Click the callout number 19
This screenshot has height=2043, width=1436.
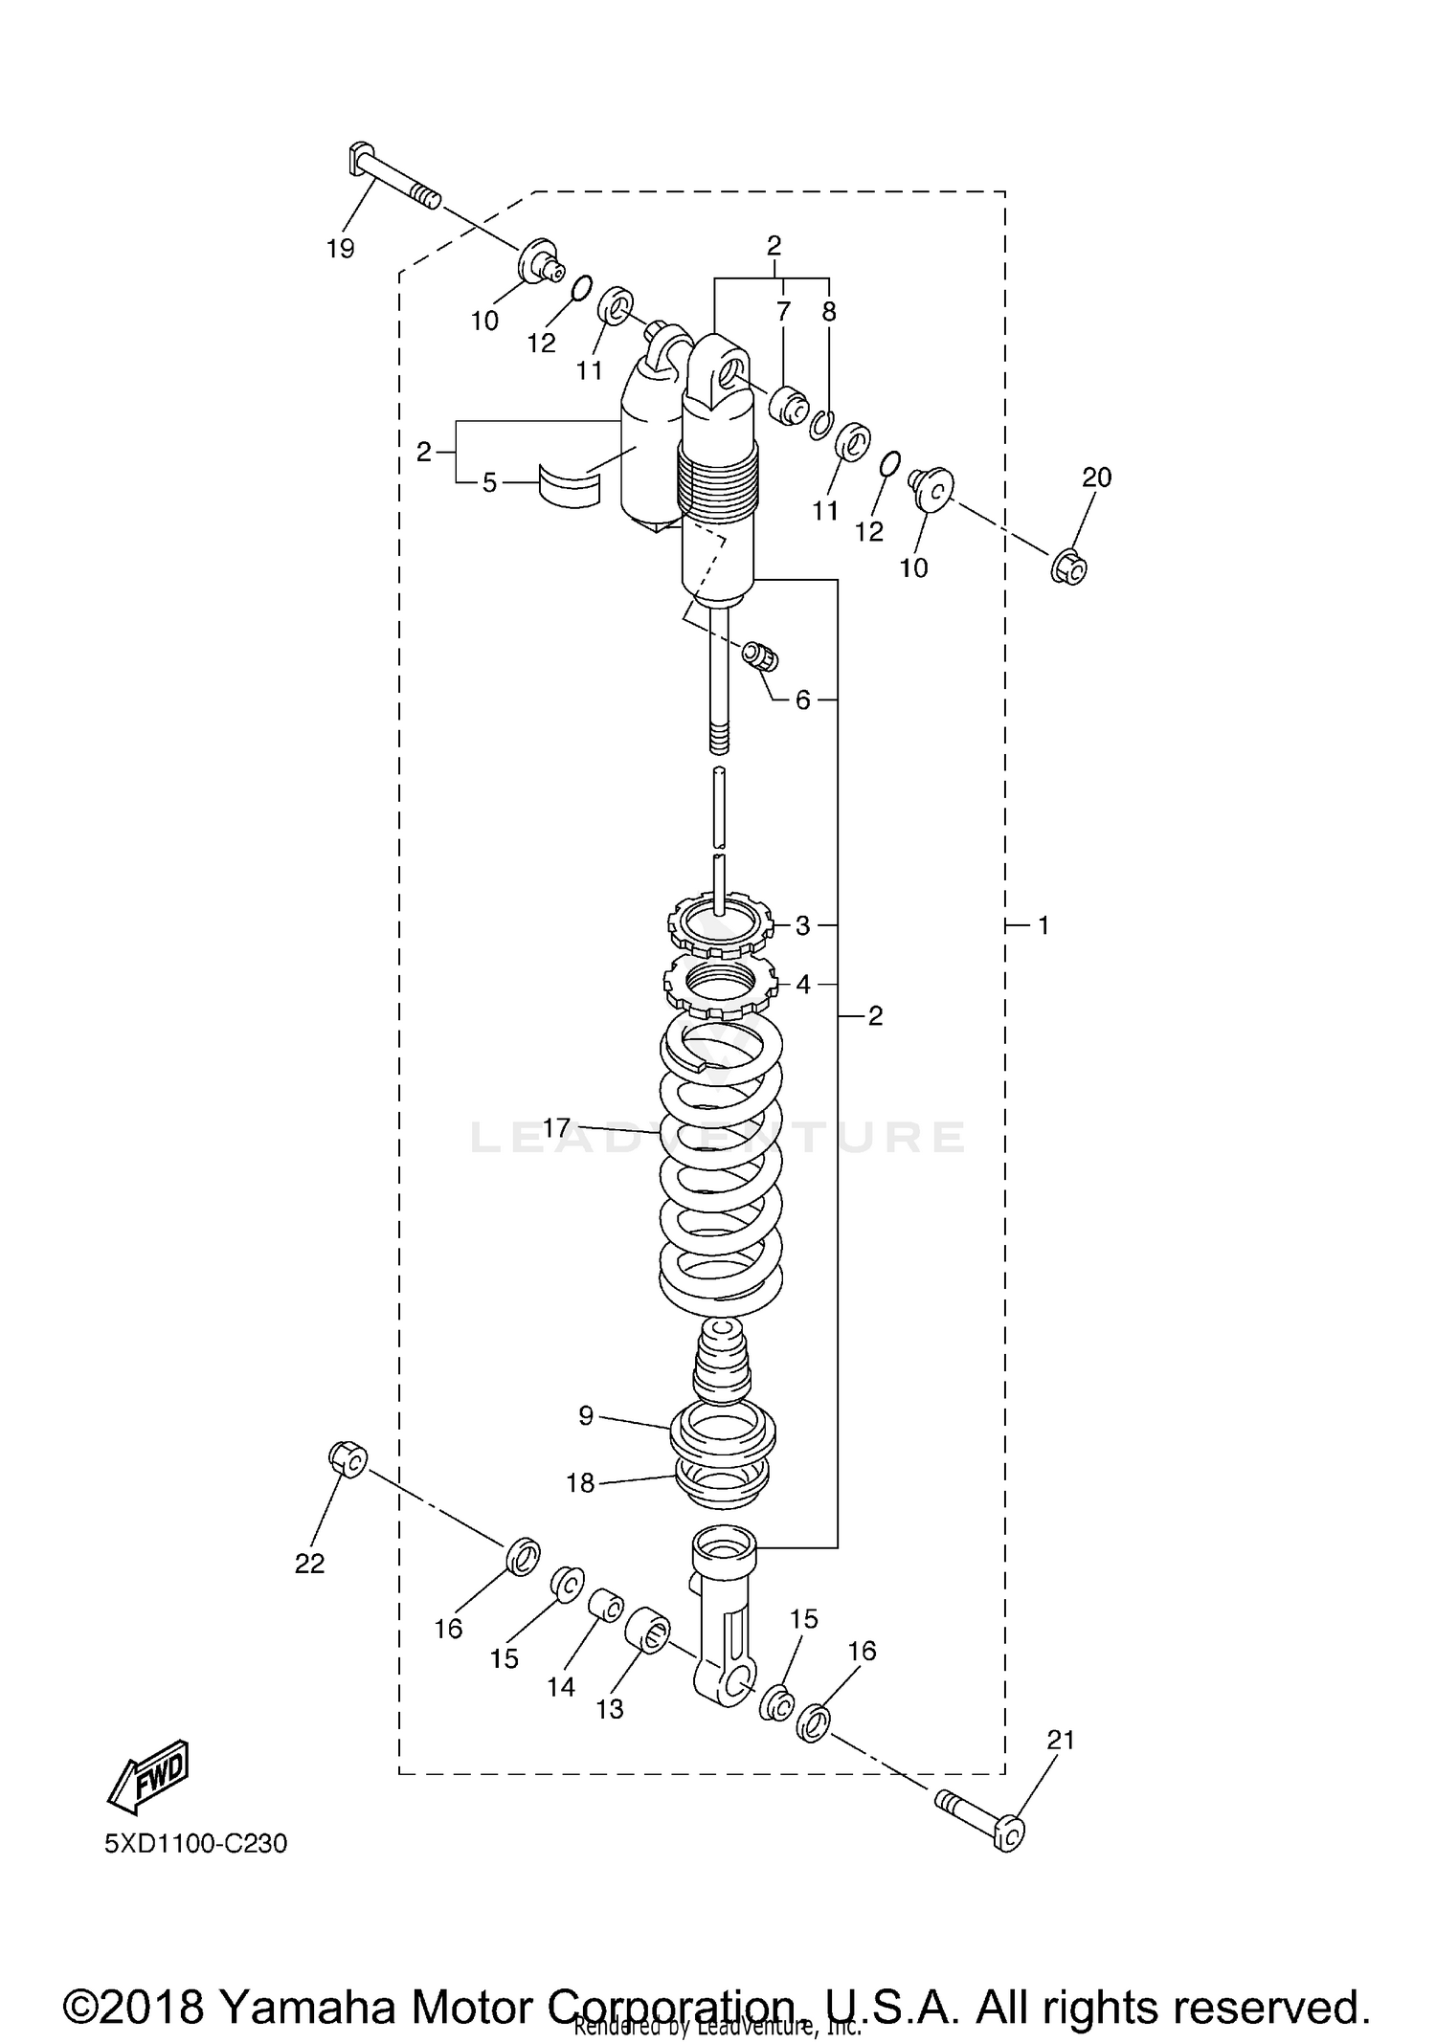pyautogui.click(x=340, y=249)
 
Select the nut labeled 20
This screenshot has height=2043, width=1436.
pyautogui.click(x=1070, y=567)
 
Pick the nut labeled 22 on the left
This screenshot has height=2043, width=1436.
pyautogui.click(x=348, y=1458)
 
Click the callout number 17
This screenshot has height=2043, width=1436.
pyautogui.click(x=556, y=1128)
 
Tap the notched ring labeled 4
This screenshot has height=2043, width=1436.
pyautogui.click(x=720, y=986)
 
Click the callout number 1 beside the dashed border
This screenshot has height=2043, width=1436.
pyautogui.click(x=1043, y=925)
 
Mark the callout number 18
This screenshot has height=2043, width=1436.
pyautogui.click(x=580, y=1482)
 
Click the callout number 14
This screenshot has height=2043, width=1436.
pyautogui.click(x=561, y=1686)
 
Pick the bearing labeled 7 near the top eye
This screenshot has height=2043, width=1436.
pyautogui.click(x=789, y=405)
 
